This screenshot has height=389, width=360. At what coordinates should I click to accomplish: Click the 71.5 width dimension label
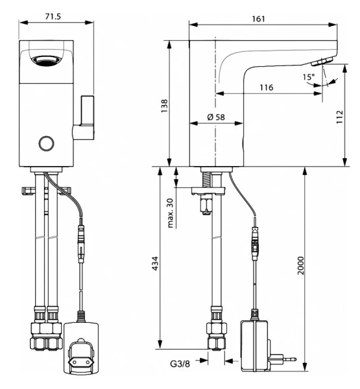[x=53, y=16]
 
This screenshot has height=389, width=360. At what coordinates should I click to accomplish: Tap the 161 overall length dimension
[x=258, y=19]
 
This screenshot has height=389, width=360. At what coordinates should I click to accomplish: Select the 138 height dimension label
[x=164, y=106]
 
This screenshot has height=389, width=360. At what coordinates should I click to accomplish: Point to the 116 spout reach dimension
[x=267, y=88]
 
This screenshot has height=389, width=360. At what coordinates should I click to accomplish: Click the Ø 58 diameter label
[x=216, y=117]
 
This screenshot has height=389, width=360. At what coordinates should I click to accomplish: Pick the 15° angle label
[x=308, y=77]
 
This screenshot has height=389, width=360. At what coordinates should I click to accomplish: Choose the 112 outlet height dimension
[x=339, y=117]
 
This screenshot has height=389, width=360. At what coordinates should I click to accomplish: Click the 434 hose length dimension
[x=155, y=263]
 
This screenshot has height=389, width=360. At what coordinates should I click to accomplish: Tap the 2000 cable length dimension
[x=300, y=265]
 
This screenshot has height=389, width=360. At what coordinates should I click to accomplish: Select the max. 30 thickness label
[x=171, y=213]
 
